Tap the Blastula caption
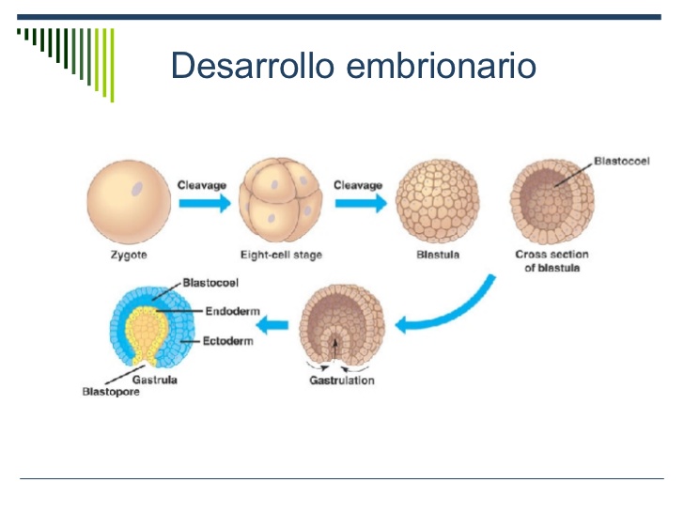(431, 255)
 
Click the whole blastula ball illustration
(432, 201)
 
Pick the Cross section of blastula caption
(549, 261)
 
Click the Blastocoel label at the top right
(622, 162)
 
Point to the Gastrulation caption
(341, 380)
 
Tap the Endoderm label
(230, 311)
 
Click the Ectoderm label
(228, 341)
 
